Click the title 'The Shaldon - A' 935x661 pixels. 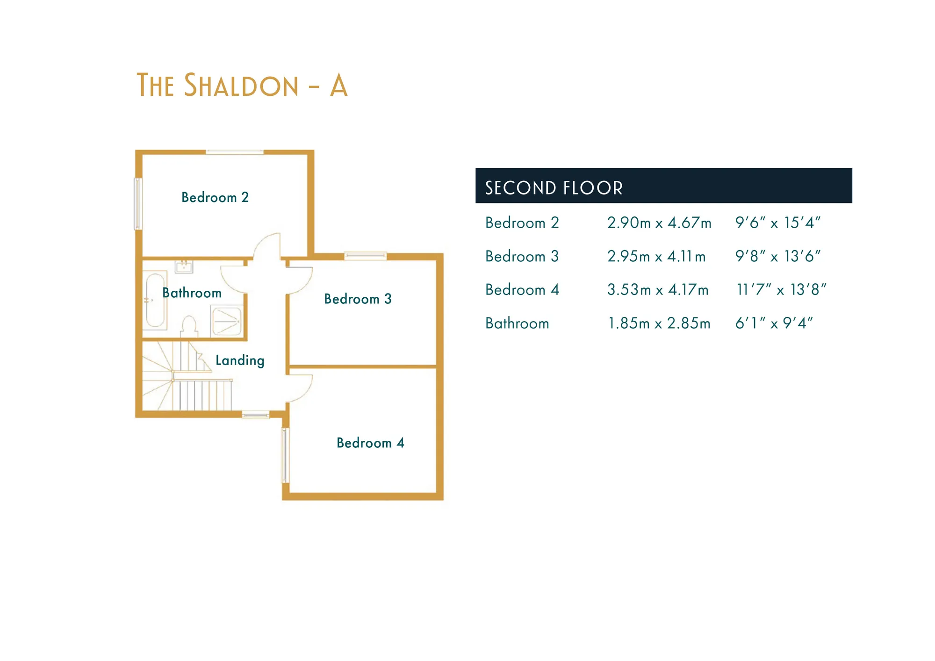[x=242, y=86]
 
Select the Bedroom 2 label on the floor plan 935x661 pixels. [x=215, y=197]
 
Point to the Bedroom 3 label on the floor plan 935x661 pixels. [x=358, y=299]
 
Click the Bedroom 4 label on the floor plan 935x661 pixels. [x=370, y=443]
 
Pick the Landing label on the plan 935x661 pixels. [x=240, y=360]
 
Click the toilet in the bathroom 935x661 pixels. [x=189, y=326]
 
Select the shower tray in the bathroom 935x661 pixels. [x=227, y=321]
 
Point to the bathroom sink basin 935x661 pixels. [x=184, y=266]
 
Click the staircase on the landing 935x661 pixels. [x=187, y=376]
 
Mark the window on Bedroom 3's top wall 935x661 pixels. [x=366, y=256]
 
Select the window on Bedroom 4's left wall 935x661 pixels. [x=285, y=455]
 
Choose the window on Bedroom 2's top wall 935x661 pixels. [x=235, y=152]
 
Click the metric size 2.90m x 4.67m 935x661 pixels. [x=659, y=223]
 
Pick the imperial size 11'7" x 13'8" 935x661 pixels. [x=781, y=290]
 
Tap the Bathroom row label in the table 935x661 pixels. [x=517, y=323]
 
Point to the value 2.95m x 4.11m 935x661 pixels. [x=656, y=256]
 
